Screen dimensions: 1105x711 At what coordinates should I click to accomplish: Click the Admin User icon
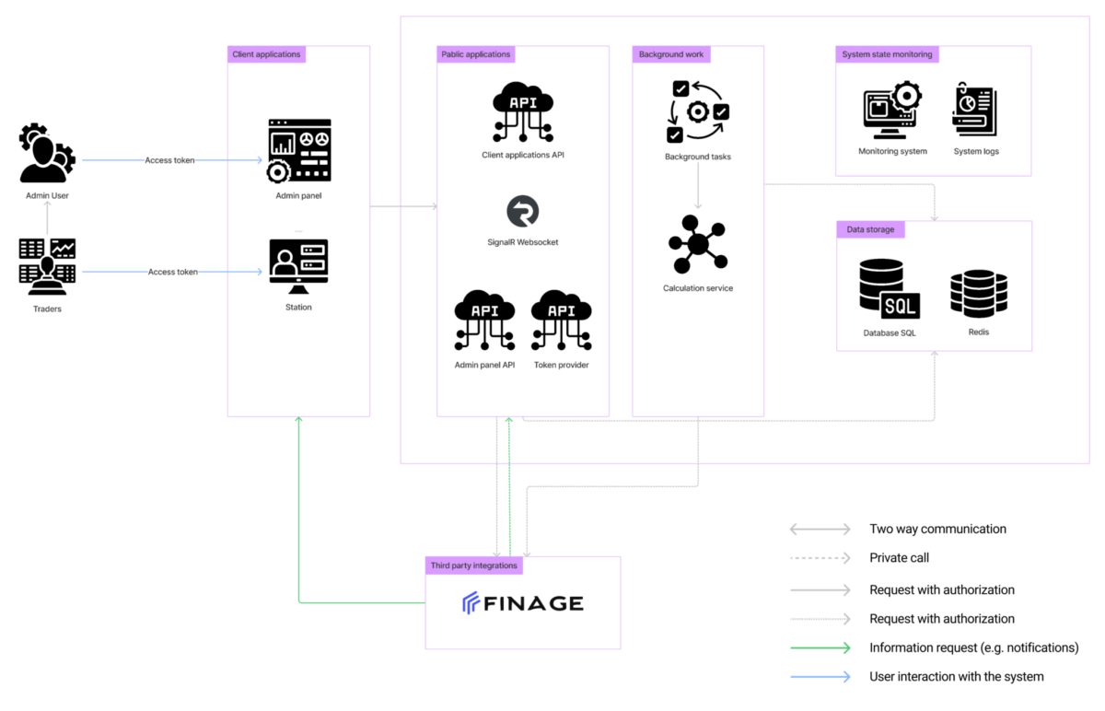click(47, 153)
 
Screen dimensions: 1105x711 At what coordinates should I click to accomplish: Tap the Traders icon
click(47, 267)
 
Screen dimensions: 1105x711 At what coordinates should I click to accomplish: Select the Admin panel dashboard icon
click(299, 150)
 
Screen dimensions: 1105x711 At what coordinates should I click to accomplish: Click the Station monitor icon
click(298, 266)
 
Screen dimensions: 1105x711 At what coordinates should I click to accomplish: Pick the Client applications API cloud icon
click(523, 112)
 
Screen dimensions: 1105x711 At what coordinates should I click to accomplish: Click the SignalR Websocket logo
click(523, 211)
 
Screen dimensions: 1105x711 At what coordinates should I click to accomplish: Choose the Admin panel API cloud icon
click(484, 321)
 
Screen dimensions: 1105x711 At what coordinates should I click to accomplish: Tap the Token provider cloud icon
click(562, 321)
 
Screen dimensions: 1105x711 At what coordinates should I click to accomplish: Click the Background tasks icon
click(698, 112)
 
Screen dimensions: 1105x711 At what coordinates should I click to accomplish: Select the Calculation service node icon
click(698, 244)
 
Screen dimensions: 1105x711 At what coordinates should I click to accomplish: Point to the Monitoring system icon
click(892, 110)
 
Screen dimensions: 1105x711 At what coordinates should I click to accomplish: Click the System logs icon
click(975, 110)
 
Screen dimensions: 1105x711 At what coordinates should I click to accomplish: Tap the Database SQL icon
click(890, 289)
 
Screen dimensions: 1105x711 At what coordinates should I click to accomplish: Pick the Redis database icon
click(979, 294)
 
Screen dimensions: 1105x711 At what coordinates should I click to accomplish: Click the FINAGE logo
click(523, 603)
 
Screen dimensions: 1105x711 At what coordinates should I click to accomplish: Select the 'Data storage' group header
click(871, 229)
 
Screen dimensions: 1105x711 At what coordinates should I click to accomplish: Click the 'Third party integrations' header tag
click(473, 565)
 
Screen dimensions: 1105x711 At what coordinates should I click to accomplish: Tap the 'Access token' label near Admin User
click(169, 160)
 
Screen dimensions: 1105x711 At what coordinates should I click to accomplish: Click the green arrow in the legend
click(820, 647)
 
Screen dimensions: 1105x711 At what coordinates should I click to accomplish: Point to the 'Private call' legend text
click(900, 558)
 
